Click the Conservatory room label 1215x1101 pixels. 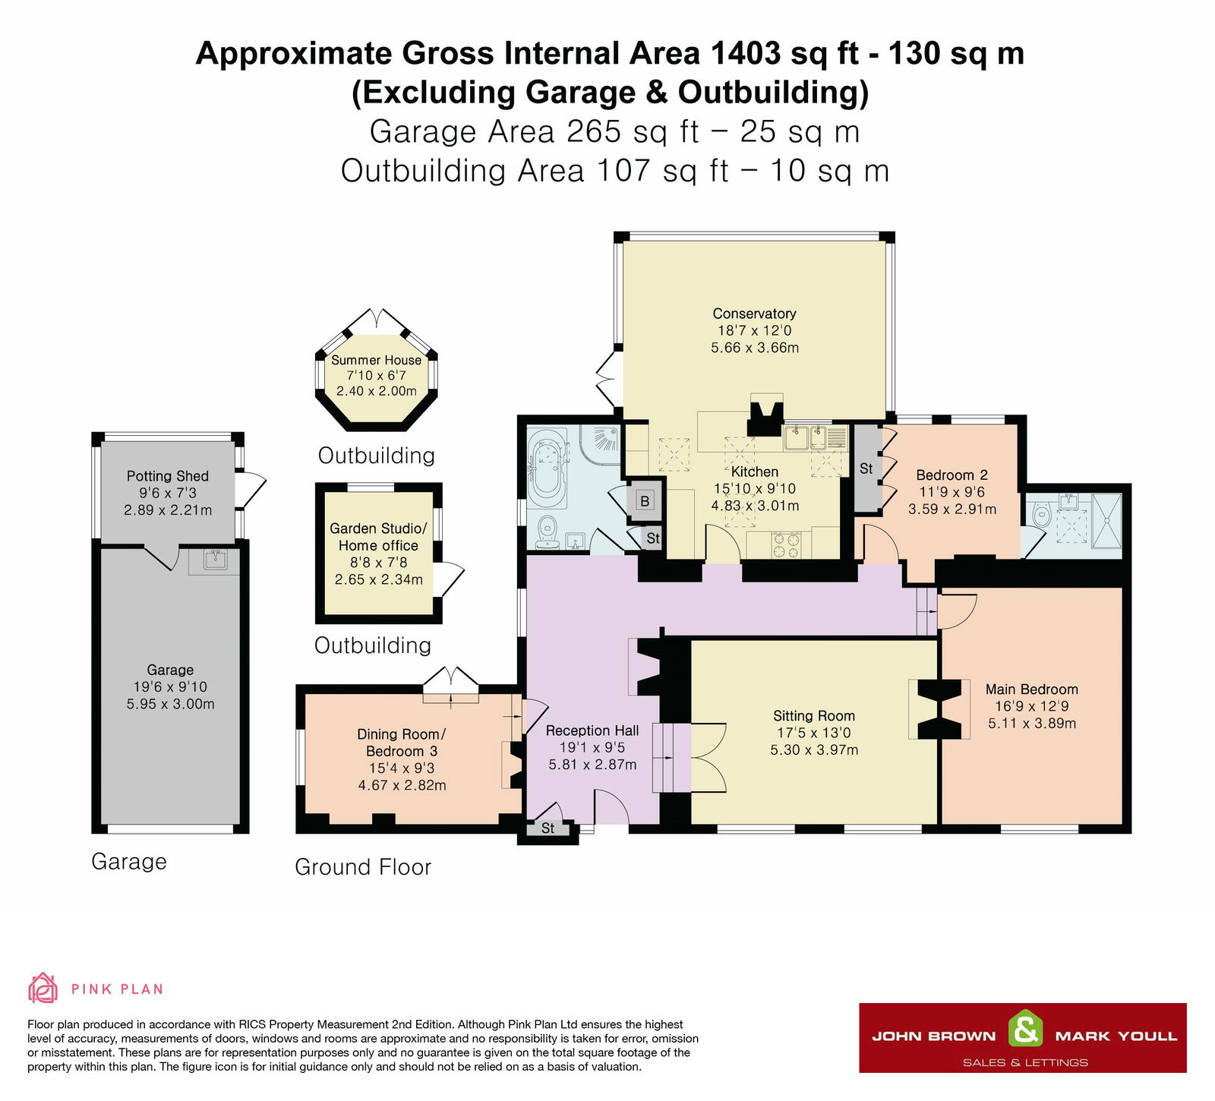(754, 314)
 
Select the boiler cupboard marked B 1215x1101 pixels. (645, 500)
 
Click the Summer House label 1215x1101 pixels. (376, 360)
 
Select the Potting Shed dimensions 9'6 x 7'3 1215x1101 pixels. (167, 493)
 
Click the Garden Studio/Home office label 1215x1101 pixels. (378, 537)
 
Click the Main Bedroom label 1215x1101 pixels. (1031, 689)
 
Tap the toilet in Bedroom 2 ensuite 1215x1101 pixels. (1042, 517)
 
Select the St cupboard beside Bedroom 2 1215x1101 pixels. (866, 468)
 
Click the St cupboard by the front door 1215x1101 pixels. (548, 828)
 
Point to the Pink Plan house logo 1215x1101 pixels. (43, 988)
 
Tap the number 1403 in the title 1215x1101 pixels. (745, 53)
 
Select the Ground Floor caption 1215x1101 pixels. (362, 867)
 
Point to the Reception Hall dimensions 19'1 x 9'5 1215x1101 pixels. (592, 747)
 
